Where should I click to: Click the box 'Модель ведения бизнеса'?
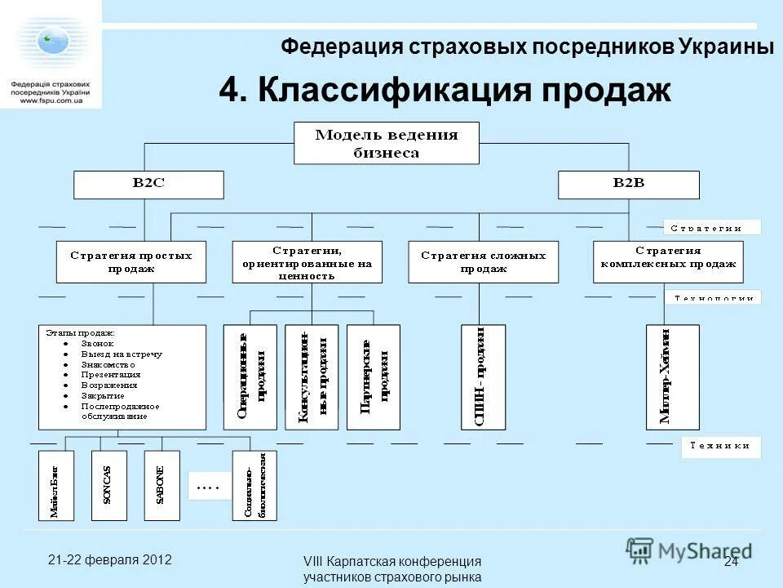point(387,143)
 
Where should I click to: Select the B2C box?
point(148,184)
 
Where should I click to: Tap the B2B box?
point(628,184)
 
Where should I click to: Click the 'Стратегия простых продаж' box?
point(131,262)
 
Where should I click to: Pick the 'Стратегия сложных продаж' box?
point(484,262)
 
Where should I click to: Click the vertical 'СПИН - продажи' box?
point(483,377)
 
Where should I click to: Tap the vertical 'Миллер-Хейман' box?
point(672,377)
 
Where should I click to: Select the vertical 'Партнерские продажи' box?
point(374,377)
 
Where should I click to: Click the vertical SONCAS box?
point(108,486)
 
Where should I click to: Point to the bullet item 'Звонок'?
point(98,344)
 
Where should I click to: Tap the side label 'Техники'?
point(720,446)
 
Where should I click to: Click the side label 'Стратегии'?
point(711,228)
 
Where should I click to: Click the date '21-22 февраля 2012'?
point(109,560)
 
